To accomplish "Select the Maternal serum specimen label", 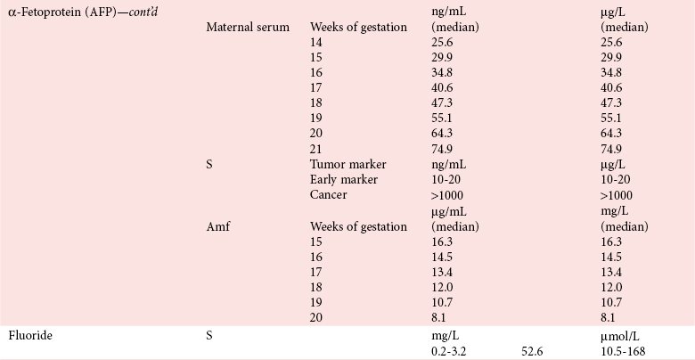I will [248, 27].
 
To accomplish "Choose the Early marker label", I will [344, 179].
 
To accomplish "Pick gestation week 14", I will [316, 43].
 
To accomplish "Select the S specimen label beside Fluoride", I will [209, 335].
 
